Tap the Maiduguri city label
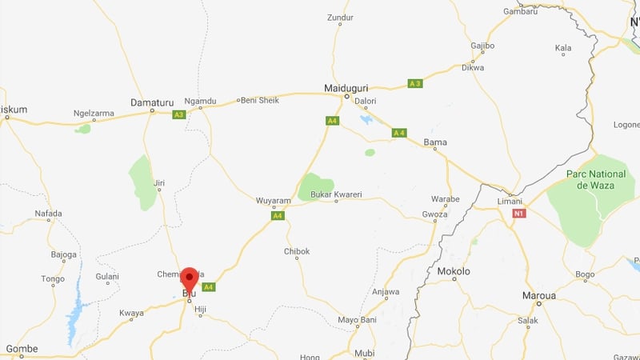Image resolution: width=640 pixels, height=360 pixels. click(x=346, y=87)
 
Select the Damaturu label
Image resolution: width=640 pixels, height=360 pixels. click(x=151, y=102)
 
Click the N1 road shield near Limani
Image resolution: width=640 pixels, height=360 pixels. click(x=519, y=214)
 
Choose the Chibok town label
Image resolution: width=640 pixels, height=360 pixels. click(x=297, y=251)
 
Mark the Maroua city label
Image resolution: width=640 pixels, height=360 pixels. click(x=538, y=295)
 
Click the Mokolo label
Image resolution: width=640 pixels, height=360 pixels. click(x=454, y=271)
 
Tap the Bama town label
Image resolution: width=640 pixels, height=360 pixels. click(x=435, y=142)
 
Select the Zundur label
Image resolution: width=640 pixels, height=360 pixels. click(x=340, y=17)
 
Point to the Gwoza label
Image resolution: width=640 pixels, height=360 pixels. click(x=436, y=214)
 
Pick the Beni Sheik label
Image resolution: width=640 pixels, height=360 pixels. click(x=260, y=100)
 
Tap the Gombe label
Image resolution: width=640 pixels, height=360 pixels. click(x=22, y=349)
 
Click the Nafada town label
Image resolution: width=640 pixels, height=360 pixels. click(x=48, y=213)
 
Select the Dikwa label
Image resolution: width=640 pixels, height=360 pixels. click(x=473, y=67)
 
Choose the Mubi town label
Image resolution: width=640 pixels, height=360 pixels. click(x=364, y=353)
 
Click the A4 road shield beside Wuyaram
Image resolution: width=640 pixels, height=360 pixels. click(x=278, y=215)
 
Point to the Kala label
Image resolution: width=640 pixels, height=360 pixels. click(x=563, y=48)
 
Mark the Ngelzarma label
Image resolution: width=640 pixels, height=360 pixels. click(x=94, y=114)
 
